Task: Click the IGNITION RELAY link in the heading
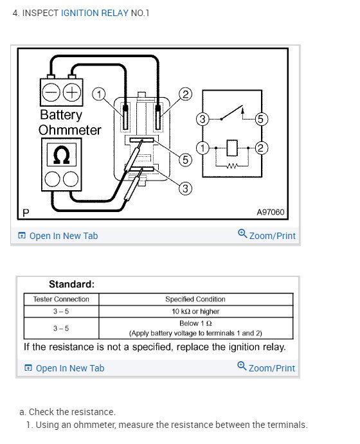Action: [94, 13]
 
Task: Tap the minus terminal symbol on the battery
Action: [51, 93]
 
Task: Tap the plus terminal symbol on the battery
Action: [71, 93]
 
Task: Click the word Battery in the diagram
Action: [61, 115]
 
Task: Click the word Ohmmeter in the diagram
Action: [69, 130]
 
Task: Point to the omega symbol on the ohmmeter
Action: [62, 155]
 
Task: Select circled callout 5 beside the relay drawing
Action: [186, 159]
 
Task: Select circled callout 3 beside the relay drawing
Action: [186, 188]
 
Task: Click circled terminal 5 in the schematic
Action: [261, 119]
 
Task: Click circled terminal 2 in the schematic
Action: [261, 148]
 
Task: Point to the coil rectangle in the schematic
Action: [232, 148]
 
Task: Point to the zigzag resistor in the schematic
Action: [232, 166]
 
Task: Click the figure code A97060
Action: [270, 212]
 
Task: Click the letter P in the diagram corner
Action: [26, 213]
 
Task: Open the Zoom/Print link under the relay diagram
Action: [267, 235]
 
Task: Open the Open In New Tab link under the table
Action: [64, 368]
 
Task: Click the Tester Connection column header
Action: [61, 299]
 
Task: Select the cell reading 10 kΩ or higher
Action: [195, 311]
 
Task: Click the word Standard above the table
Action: [71, 284]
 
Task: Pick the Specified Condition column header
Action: [195, 299]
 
